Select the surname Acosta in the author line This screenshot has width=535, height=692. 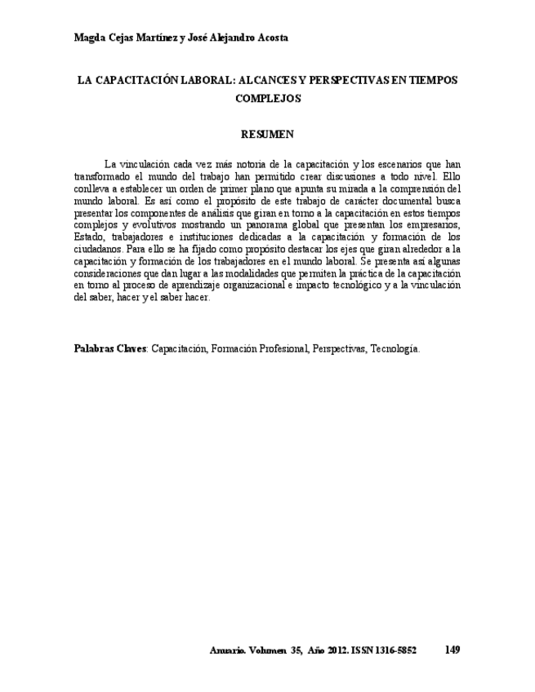coord(270,38)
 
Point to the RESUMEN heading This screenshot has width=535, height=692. coord(268,133)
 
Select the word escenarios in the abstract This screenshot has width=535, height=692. coord(399,164)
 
